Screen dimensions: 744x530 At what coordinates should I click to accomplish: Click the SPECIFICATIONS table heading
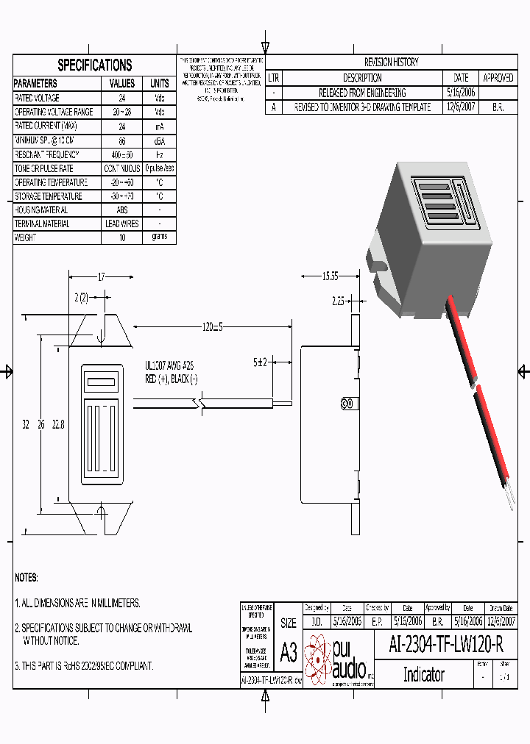(94, 65)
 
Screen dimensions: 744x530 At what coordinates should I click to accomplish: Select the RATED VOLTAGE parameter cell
(37, 98)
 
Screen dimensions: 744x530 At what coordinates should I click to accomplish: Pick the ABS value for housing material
(122, 210)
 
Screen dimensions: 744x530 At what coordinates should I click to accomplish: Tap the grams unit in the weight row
(160, 237)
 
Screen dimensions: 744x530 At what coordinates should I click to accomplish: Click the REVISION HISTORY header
(391, 62)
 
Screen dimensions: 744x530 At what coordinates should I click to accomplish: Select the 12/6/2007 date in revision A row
(461, 107)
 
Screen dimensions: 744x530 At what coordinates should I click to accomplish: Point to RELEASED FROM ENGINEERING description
(361, 93)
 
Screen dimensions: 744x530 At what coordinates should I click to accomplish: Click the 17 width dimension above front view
(101, 277)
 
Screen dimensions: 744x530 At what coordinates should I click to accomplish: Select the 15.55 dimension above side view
(330, 276)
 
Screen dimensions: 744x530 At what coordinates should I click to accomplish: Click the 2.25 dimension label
(338, 301)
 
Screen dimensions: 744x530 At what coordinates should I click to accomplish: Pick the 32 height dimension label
(25, 424)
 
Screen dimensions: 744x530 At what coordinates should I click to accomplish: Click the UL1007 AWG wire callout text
(169, 365)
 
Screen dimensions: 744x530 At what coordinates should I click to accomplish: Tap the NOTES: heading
(26, 578)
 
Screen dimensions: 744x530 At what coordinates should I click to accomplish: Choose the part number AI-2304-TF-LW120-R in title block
(446, 645)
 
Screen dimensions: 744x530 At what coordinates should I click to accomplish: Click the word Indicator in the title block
(423, 674)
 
